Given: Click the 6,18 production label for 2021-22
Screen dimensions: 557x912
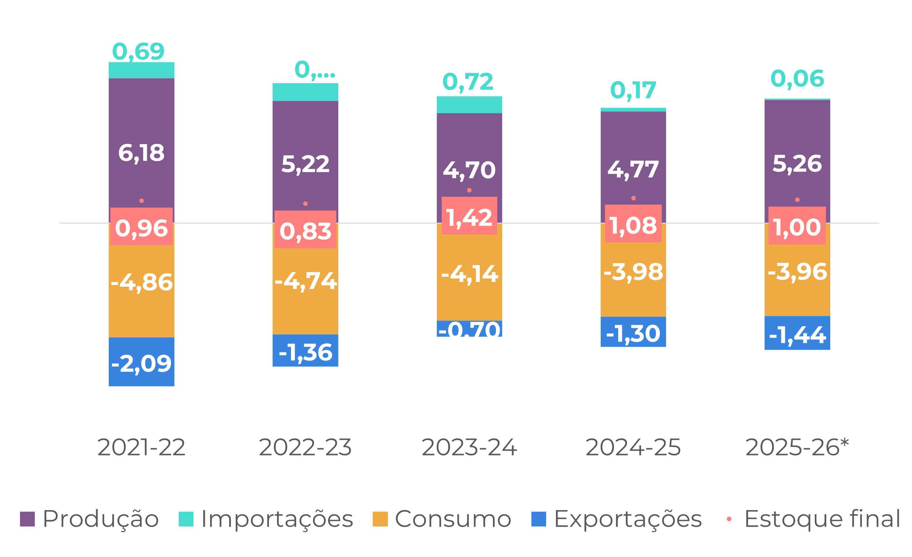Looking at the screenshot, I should [142, 153].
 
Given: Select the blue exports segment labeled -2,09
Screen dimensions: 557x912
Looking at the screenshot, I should [142, 363].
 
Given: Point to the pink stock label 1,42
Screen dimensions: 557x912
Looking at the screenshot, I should [469, 217].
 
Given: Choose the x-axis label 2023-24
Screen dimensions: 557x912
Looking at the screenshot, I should [469, 447].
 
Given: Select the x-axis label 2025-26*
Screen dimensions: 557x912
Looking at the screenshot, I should [797, 447].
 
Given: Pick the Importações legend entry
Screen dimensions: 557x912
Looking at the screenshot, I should [266, 519].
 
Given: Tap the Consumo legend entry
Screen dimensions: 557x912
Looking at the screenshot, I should [442, 519].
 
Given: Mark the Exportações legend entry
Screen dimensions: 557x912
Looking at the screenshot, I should [617, 519].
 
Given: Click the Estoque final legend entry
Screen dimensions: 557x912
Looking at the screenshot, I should [814, 519].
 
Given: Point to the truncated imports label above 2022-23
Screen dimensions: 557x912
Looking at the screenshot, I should [315, 70].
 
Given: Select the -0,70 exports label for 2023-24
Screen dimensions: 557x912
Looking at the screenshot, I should [469, 330].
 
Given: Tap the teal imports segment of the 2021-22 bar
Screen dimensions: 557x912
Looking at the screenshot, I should [142, 70].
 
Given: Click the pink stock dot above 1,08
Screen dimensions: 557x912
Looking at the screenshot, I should [634, 198].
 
